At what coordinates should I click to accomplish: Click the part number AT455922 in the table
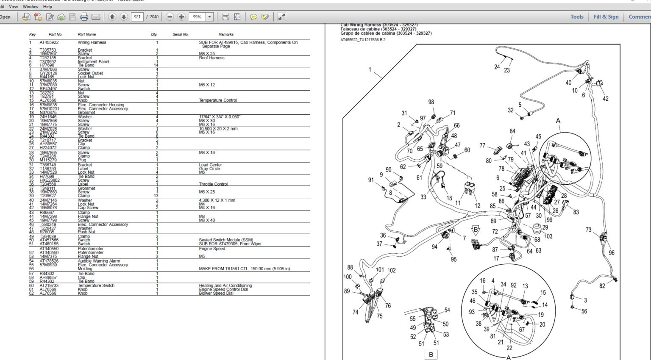[49, 42]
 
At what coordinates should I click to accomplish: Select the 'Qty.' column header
[154, 34]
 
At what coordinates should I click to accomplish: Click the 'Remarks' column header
[226, 34]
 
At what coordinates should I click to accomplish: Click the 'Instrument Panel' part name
[93, 61]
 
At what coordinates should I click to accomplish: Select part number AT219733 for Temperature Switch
[49, 285]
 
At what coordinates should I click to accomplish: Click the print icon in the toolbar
[84, 17]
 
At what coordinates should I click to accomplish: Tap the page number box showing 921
[137, 17]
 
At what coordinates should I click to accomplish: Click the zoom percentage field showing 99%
[197, 17]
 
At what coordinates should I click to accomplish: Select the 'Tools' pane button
[576, 17]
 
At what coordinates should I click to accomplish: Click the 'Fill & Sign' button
[606, 17]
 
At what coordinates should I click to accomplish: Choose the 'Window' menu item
[31, 7]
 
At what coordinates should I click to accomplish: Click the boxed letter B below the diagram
[431, 354]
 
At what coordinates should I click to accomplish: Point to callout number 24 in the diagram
[497, 67]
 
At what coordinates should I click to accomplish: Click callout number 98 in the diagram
[431, 102]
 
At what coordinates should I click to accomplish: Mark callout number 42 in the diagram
[605, 99]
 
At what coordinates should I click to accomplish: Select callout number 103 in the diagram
[548, 236]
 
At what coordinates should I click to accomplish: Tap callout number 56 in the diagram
[584, 311]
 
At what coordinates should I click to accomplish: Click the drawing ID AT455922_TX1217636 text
[363, 40]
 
